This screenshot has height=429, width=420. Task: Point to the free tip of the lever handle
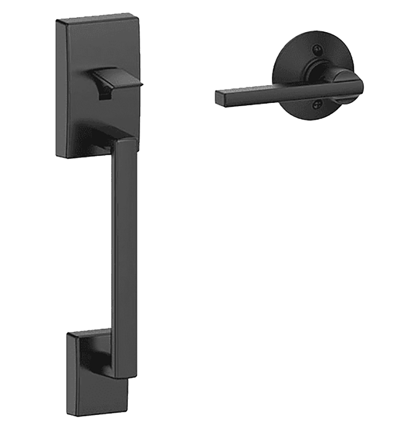[219, 97]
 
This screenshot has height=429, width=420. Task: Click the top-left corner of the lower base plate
[68, 334]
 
